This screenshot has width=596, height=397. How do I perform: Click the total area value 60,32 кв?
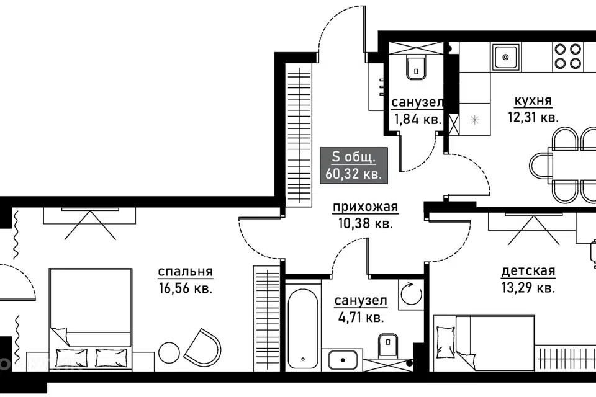tap(353, 174)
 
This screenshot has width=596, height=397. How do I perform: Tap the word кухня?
tap(533, 101)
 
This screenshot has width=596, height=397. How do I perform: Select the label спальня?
tap(185, 272)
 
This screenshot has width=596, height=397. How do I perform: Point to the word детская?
tap(528, 271)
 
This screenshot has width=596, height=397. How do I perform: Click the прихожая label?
tap(365, 207)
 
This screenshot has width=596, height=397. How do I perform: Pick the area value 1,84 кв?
tap(418, 119)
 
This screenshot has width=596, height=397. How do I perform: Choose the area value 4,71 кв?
tap(361, 316)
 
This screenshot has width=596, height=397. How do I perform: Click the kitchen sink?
tap(505, 57)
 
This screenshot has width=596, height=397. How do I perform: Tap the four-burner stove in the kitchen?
tap(567, 56)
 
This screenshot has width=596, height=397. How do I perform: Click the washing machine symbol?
tap(411, 294)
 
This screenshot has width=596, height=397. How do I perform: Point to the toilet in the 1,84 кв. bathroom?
tap(417, 68)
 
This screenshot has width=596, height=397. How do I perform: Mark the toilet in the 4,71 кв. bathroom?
tap(388, 346)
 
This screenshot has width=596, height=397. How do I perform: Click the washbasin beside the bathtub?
tap(343, 360)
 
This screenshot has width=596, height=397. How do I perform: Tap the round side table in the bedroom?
tap(169, 353)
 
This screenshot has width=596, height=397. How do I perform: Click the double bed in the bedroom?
tap(91, 319)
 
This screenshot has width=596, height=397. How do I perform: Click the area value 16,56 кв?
tap(186, 288)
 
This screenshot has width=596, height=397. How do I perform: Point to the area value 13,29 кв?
tap(528, 288)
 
